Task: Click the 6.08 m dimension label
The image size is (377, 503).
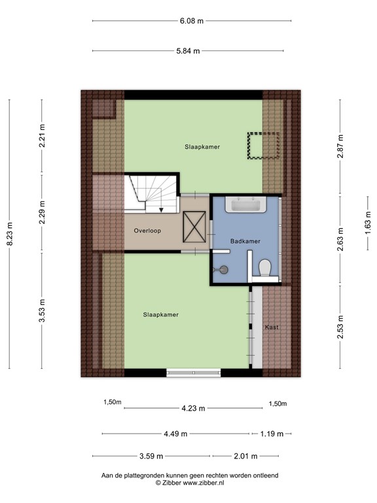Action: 192,21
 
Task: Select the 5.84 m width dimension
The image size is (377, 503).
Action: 188,51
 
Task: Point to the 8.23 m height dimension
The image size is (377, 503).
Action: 9,235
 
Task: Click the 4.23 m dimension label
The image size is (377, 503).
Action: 194,408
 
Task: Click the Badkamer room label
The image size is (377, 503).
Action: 245,241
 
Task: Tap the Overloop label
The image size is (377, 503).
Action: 147,231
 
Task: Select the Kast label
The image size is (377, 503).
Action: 272,327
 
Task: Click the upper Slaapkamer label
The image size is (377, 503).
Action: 202,147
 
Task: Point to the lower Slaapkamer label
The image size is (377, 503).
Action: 161,314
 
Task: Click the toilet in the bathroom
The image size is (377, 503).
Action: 265,268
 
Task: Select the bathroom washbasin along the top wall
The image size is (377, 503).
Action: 245,206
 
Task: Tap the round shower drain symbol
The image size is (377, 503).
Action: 224,268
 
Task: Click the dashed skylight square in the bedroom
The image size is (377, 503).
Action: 263,145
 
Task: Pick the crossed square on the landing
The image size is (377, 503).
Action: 195,230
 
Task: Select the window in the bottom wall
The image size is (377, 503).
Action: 194,373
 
